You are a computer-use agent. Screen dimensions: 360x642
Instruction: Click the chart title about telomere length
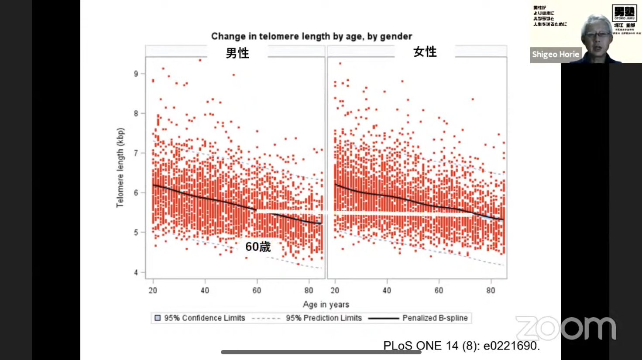(x=311, y=36)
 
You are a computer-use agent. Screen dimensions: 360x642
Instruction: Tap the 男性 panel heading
(x=237, y=53)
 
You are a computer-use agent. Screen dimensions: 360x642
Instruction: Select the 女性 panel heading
(x=425, y=52)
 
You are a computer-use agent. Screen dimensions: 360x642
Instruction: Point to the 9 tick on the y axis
(x=136, y=74)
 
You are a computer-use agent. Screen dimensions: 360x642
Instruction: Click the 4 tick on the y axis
(x=136, y=272)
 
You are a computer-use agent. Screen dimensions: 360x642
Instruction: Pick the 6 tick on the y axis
(x=136, y=193)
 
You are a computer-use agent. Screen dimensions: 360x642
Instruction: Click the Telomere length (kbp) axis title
(x=120, y=168)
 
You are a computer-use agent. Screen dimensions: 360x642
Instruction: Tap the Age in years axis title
(x=326, y=304)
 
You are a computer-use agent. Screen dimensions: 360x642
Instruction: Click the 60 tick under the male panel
(x=257, y=291)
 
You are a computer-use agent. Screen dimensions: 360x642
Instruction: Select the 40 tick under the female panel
(x=387, y=291)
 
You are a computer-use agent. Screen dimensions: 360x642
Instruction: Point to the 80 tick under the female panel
(x=491, y=291)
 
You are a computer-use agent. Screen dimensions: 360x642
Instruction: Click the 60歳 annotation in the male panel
(x=258, y=247)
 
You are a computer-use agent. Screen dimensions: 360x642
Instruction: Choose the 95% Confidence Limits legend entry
(x=200, y=318)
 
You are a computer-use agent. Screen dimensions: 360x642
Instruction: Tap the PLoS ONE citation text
(x=461, y=346)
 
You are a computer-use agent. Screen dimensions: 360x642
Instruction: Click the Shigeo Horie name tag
(x=555, y=55)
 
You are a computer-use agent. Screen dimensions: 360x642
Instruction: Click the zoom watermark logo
(x=566, y=328)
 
